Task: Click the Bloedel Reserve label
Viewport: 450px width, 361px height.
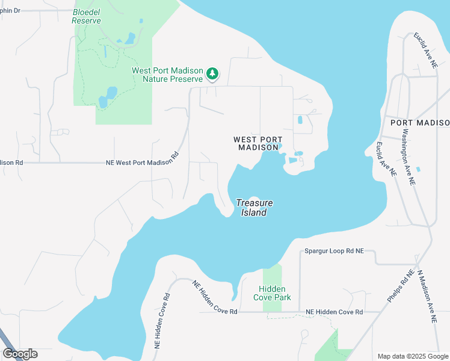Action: pos(86,16)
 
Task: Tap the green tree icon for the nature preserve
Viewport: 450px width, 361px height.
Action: pos(212,74)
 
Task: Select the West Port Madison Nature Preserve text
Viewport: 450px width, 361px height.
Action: pos(168,75)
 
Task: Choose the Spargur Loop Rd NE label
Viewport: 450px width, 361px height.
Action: pos(334,250)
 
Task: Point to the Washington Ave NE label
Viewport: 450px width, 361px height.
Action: pos(408,156)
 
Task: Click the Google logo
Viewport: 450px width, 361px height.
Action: pos(20,354)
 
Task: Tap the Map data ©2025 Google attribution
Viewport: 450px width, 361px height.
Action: pos(413,356)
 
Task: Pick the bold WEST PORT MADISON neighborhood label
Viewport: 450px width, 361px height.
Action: pos(257,143)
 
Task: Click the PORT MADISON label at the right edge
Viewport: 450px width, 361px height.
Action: pos(419,123)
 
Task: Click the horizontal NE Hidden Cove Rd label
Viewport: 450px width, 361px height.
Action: pos(334,312)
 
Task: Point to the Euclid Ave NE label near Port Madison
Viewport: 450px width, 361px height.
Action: pos(385,158)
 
